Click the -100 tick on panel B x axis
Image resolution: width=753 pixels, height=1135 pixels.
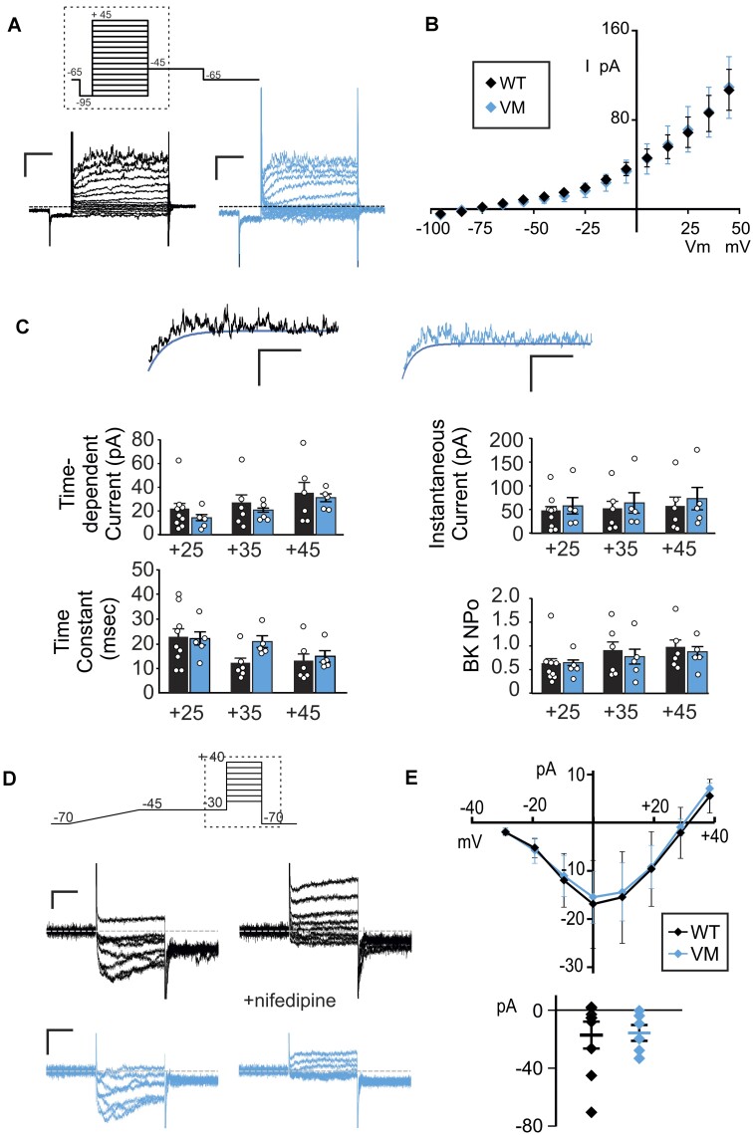[x=430, y=228]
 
